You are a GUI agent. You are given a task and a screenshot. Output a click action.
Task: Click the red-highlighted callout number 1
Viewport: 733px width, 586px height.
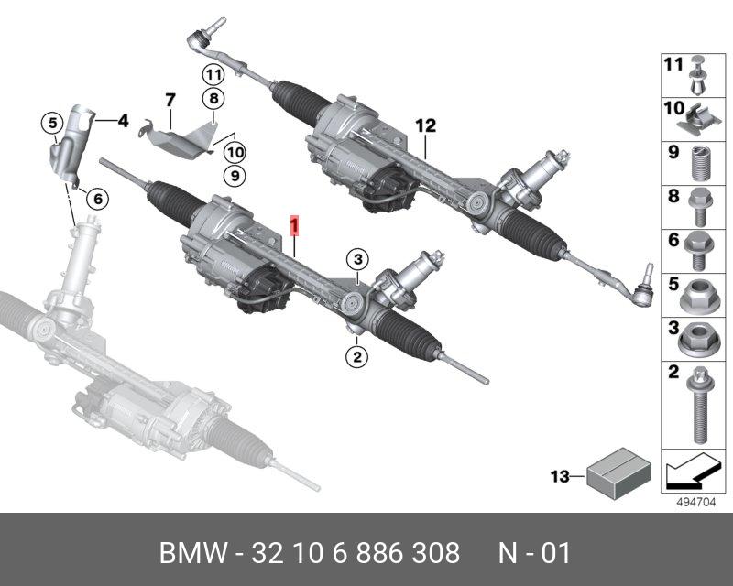point(294,223)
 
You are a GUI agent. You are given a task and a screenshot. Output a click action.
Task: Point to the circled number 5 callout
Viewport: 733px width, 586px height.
point(54,122)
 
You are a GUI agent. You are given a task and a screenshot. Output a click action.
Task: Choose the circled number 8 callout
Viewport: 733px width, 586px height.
point(213,99)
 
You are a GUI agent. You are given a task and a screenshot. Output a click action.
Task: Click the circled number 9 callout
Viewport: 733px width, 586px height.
point(235,173)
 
